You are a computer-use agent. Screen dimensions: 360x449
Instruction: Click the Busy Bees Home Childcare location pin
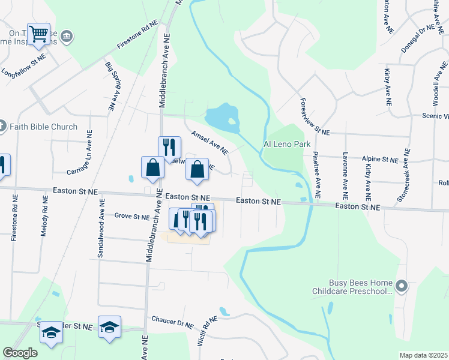tap(402, 286)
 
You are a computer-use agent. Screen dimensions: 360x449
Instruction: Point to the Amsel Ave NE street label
tap(209, 141)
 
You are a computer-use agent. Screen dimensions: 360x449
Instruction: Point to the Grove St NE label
tap(132, 216)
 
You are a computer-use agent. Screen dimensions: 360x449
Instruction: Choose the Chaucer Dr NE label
tap(172, 323)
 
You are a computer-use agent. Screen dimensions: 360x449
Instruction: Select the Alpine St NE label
tap(381, 160)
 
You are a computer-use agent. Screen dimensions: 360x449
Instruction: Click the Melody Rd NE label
tap(44, 217)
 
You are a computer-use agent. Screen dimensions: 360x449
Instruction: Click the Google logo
tap(20, 353)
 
